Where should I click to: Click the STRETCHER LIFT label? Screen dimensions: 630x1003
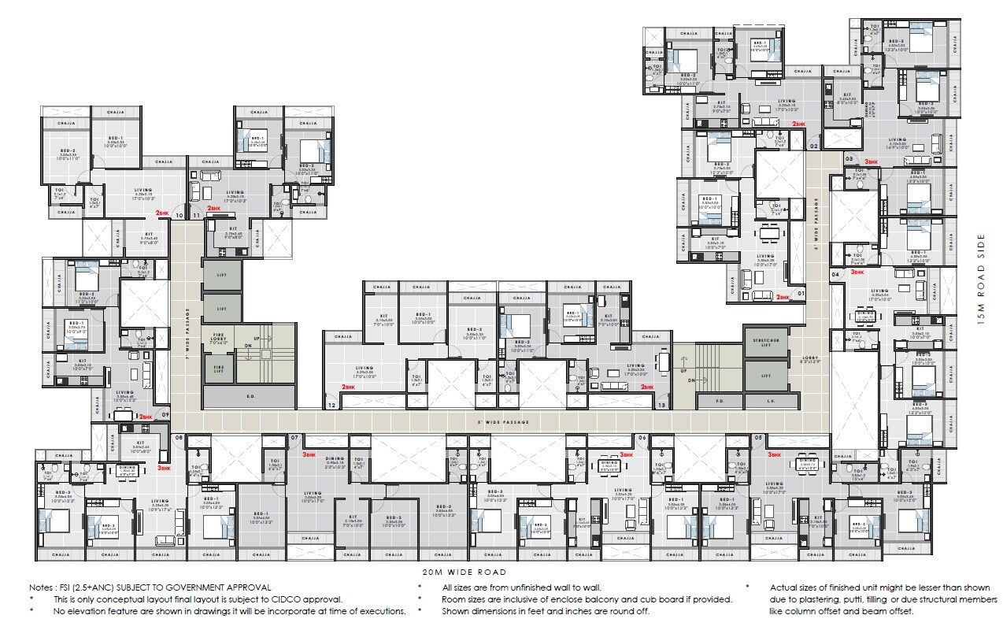pyautogui.click(x=761, y=344)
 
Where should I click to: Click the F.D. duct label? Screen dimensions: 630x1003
pyautogui.click(x=719, y=401)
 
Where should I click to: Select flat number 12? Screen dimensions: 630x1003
pyautogui.click(x=331, y=406)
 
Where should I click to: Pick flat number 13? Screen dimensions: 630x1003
pyautogui.click(x=661, y=406)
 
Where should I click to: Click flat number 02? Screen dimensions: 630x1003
pyautogui.click(x=813, y=146)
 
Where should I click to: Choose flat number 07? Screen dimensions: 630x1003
pyautogui.click(x=294, y=437)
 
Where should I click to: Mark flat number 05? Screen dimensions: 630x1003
pyautogui.click(x=759, y=437)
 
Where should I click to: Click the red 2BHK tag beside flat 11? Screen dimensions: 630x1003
pyautogui.click(x=214, y=209)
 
